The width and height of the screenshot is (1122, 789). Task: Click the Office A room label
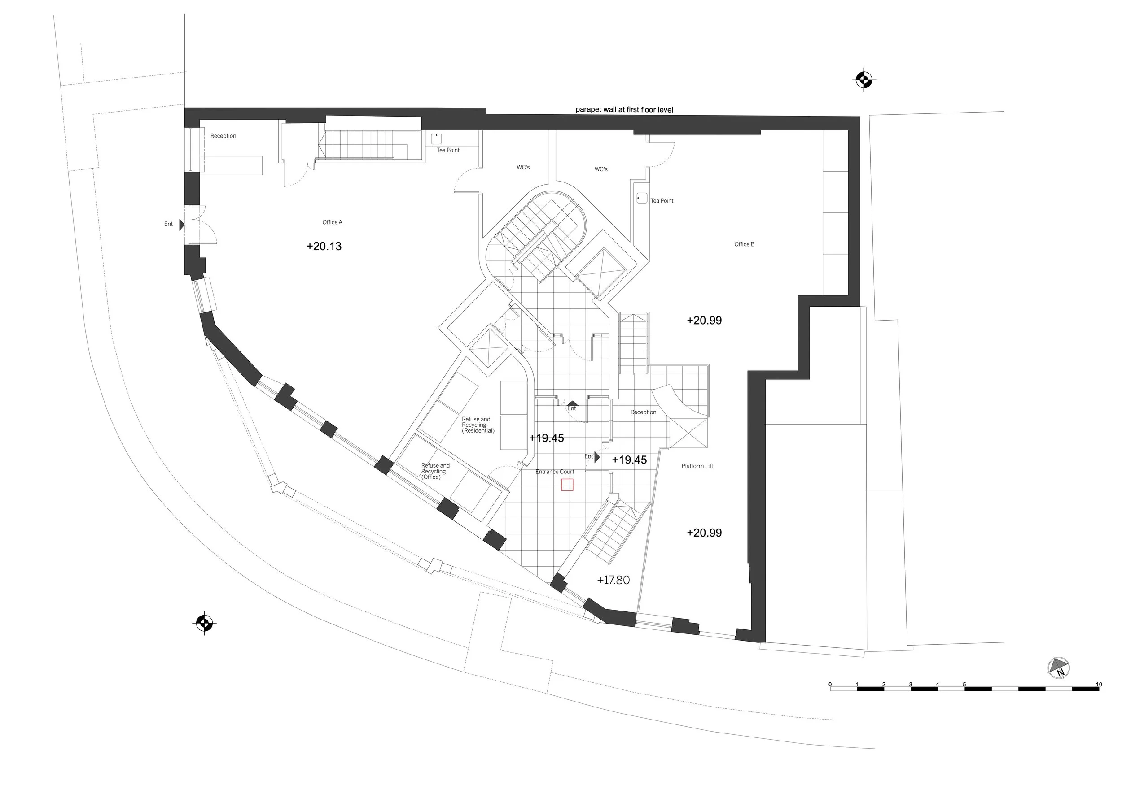coord(332,223)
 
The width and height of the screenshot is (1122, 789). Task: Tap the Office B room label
coord(744,244)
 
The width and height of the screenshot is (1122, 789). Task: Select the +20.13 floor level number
coord(324,247)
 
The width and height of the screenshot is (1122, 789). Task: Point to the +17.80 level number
coord(614,580)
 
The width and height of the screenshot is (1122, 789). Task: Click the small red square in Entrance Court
coord(567,485)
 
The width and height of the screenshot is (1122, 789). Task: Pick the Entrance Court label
coord(555,472)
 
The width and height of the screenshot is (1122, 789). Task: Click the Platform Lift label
coord(697,466)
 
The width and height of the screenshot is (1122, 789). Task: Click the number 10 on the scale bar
coord(1099,685)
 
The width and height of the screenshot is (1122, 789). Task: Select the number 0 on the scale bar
coord(830,685)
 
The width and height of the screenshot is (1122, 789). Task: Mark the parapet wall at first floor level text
coord(624,110)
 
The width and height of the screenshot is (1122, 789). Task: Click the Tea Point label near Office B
coord(662,201)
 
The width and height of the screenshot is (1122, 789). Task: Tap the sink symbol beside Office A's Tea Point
coord(436,139)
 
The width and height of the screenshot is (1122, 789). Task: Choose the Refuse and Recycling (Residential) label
coord(478,425)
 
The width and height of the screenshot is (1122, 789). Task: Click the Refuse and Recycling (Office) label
coord(435,471)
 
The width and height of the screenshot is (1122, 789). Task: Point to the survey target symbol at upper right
coord(864,80)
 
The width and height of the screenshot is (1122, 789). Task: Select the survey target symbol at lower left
coord(204,623)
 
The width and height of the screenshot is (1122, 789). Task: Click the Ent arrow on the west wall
coord(181,225)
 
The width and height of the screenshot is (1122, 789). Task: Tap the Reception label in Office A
coord(224,136)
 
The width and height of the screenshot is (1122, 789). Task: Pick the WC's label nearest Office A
coord(523,168)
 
